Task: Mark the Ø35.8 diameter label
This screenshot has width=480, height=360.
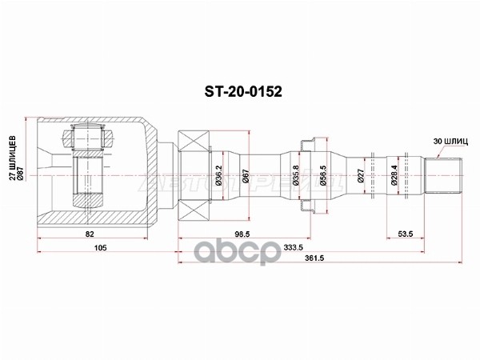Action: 296,175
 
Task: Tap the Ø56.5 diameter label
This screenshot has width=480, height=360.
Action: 318,175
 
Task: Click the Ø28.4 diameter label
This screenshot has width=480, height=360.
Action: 394,175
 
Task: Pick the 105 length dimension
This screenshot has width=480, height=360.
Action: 100,249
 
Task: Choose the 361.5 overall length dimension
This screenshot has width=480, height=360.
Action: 318,262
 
